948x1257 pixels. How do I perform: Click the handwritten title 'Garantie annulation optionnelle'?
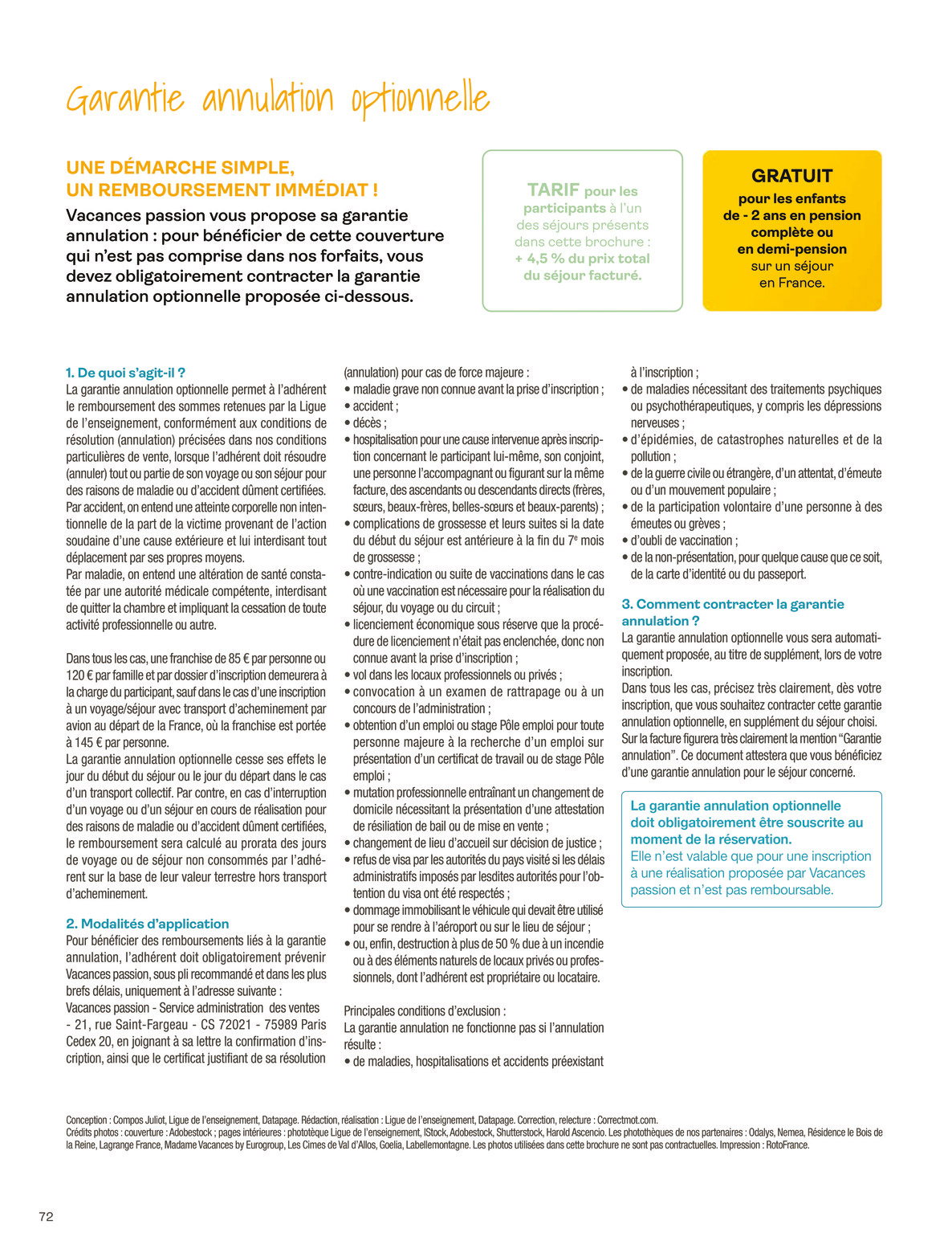pos(277,99)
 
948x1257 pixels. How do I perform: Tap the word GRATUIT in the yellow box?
pos(791,176)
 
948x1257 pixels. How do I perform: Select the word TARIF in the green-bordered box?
pos(553,190)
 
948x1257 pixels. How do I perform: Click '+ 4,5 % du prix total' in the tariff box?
pos(582,259)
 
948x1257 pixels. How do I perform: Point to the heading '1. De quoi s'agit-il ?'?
pos(125,373)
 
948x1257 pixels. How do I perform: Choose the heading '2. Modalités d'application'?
pos(147,924)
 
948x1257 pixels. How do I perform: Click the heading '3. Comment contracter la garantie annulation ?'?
pos(732,612)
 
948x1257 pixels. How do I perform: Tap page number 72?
pos(46,1216)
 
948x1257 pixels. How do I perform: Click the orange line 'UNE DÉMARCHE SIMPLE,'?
pos(180,168)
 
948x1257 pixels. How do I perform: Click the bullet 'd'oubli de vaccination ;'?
pos(684,541)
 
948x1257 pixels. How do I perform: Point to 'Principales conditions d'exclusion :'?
pos(425,1011)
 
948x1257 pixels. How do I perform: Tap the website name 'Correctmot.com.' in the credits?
pos(627,1120)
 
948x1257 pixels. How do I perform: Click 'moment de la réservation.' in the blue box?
pos(710,839)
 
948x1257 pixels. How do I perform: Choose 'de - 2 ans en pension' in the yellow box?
pos(791,215)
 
